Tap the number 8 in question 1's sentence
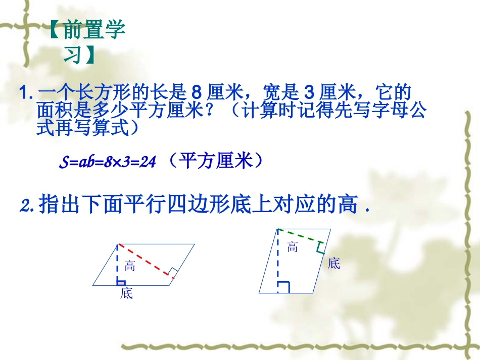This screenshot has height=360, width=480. [x=198, y=94]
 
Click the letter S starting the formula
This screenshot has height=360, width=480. [x=63, y=163]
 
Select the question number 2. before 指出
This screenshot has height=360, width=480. [x=28, y=206]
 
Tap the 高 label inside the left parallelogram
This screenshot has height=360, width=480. [x=130, y=266]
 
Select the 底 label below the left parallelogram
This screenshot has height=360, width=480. [x=126, y=293]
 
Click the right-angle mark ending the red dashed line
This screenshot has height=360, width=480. [x=172, y=274]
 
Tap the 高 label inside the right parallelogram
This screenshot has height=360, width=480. [x=293, y=247]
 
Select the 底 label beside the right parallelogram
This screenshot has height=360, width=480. [x=334, y=263]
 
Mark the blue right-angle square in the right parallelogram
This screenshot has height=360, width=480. [x=283, y=288]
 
